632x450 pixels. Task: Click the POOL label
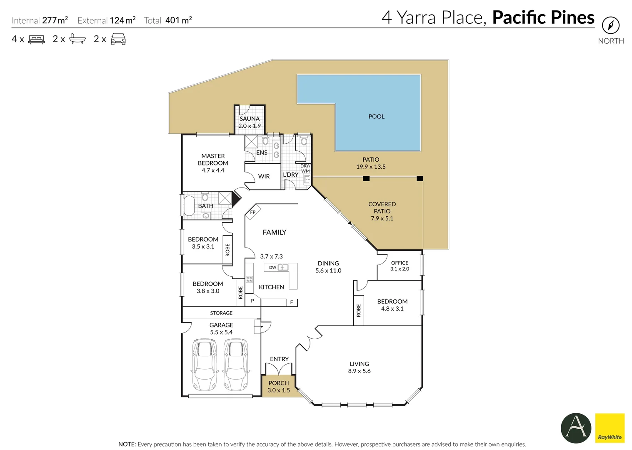(x=376, y=117)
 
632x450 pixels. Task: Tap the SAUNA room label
(x=250, y=119)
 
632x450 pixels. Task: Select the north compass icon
(x=611, y=25)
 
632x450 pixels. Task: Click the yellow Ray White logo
(x=610, y=428)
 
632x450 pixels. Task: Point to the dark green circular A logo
(x=576, y=428)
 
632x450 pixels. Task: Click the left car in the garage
(x=204, y=365)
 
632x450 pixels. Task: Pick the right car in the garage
(x=236, y=365)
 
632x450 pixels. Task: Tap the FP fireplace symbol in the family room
(x=253, y=212)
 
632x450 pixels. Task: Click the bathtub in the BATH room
(x=189, y=206)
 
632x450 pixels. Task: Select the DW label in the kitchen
(x=272, y=267)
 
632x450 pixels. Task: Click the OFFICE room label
(x=400, y=262)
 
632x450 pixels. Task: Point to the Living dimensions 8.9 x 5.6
(x=359, y=371)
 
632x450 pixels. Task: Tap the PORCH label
(x=278, y=383)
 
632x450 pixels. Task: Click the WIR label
(x=264, y=176)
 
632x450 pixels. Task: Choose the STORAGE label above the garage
(x=221, y=313)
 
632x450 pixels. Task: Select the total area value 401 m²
(x=179, y=20)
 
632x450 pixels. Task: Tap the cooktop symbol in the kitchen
(x=249, y=279)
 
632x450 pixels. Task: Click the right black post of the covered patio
(x=420, y=178)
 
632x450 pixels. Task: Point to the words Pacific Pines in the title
(x=543, y=17)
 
